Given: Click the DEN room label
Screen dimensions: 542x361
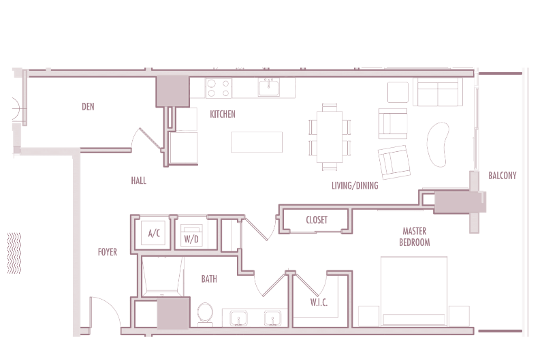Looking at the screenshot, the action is pyautogui.click(x=88, y=106).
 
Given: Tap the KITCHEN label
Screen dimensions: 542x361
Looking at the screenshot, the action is pyautogui.click(x=223, y=114).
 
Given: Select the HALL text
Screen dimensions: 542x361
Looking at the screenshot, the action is pyautogui.click(x=139, y=180).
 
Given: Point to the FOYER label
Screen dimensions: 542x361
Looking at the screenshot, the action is pyautogui.click(x=108, y=252).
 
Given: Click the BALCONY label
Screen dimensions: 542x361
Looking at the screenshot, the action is pyautogui.click(x=503, y=176).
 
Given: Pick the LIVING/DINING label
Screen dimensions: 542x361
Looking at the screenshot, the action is pyautogui.click(x=355, y=186).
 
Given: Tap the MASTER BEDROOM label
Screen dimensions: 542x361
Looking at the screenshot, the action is pyautogui.click(x=415, y=236).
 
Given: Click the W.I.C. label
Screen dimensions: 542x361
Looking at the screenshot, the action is pyautogui.click(x=319, y=302).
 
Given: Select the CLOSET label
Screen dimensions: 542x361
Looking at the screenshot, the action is pyautogui.click(x=317, y=220).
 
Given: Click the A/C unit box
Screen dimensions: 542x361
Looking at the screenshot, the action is pyautogui.click(x=153, y=233).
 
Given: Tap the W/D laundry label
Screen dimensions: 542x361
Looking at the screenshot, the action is pyautogui.click(x=191, y=238).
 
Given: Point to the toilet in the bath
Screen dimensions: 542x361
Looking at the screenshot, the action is pyautogui.click(x=205, y=314).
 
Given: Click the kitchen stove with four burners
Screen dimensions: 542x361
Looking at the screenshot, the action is pyautogui.click(x=219, y=88).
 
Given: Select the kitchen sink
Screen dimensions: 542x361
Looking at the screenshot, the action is pyautogui.click(x=269, y=87).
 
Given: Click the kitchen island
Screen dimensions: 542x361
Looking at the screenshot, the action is pyautogui.click(x=257, y=142).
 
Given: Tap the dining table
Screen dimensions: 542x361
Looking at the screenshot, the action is pyautogui.click(x=330, y=137).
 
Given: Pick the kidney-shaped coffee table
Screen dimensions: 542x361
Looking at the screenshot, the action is pyautogui.click(x=438, y=144).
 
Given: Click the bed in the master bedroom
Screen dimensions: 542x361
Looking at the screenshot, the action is pyautogui.click(x=414, y=291).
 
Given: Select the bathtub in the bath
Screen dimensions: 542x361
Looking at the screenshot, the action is pyautogui.click(x=162, y=277).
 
